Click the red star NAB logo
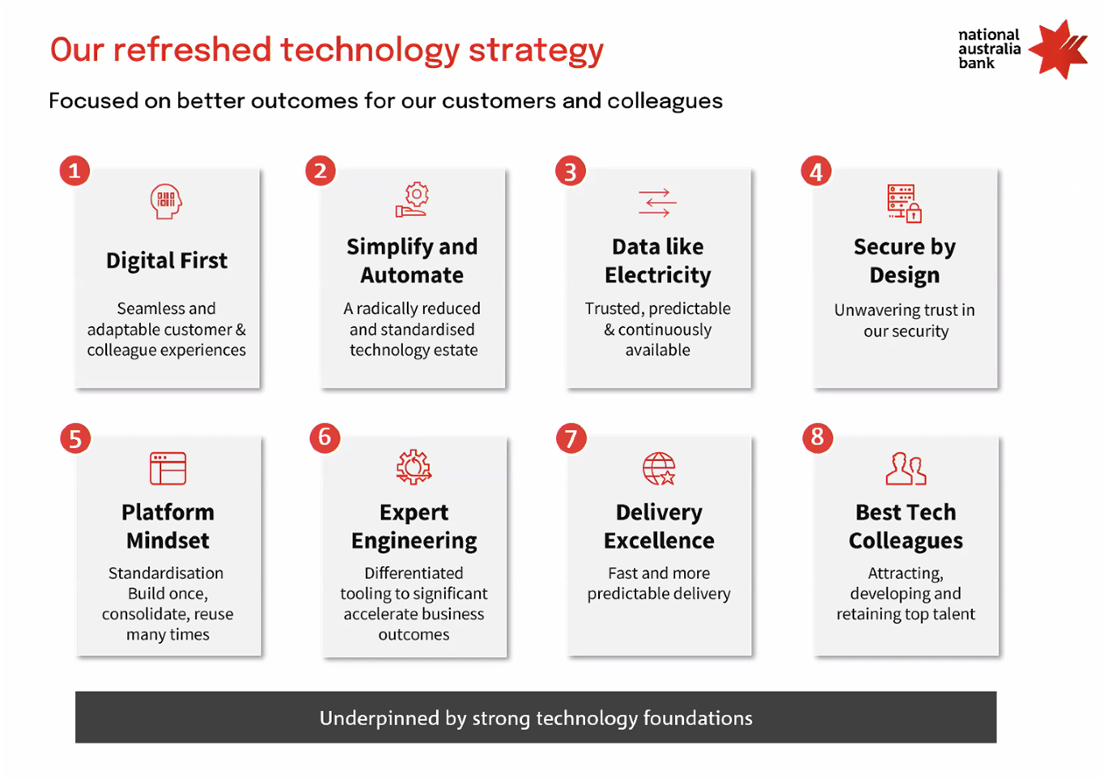1059,49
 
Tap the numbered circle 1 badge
74,171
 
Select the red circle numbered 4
816,171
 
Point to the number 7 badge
571,438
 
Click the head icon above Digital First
166,202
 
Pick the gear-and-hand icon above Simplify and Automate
412,200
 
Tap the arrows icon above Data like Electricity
657,202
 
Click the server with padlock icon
904,203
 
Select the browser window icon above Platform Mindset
168,468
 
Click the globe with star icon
659,469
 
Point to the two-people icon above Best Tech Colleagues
906,469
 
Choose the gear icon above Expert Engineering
414,467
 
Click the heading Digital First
167,261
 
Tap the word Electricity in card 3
658,275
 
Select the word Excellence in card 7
659,541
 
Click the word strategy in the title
536,51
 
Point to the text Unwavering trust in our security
905,320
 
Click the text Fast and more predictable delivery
659,583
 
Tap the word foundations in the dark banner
698,718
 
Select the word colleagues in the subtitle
665,101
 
